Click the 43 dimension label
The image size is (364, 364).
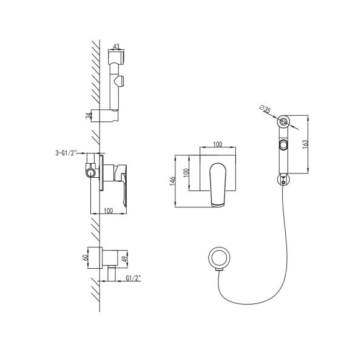point(116,47)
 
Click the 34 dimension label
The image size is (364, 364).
point(88,116)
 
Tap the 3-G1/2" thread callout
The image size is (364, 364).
point(66,153)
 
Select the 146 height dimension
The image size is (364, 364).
point(172,181)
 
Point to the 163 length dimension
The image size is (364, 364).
point(305,144)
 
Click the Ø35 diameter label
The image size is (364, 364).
point(265,109)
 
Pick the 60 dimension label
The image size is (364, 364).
point(85,257)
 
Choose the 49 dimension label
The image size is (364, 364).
point(124,259)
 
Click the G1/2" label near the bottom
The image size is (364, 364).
point(133,278)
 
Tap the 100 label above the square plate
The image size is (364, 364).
point(218,144)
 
